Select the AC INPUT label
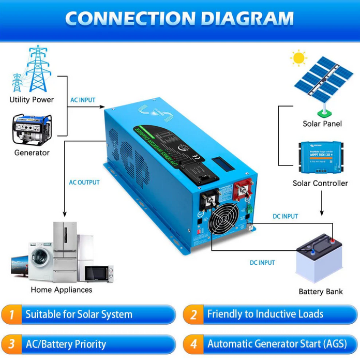[x=83, y=100]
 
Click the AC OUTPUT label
[x=84, y=183]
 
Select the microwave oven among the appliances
[x=99, y=273]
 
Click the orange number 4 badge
[x=193, y=344]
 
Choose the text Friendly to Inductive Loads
[x=265, y=314]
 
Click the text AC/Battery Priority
[x=66, y=344]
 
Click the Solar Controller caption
[x=320, y=183]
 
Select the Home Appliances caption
[x=61, y=290]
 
